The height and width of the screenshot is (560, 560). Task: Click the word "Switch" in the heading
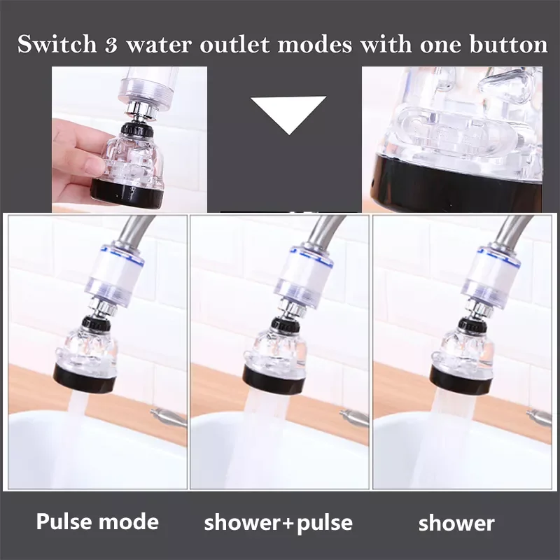(57, 45)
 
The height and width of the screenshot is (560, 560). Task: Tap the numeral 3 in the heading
(111, 45)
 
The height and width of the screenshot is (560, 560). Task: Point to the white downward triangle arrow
(288, 115)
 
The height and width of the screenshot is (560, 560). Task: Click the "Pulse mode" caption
(97, 521)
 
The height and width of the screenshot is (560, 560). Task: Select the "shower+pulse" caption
(278, 522)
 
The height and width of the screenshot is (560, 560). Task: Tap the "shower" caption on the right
(457, 523)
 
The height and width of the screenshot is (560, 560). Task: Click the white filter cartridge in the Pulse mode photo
(116, 275)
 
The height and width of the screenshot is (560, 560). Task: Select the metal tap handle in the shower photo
(538, 416)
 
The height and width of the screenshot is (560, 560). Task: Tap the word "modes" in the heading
(314, 45)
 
